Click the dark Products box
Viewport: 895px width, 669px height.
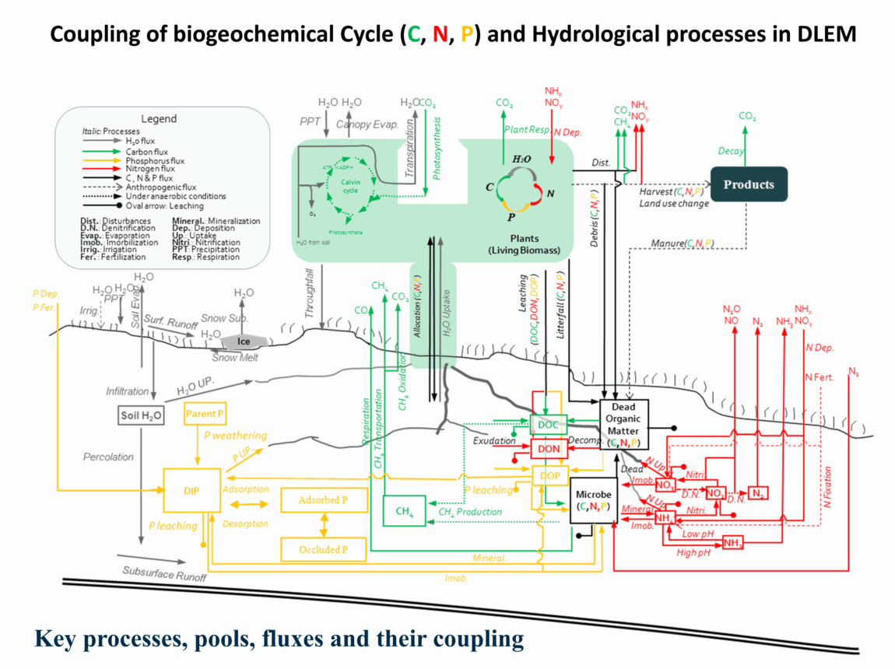[x=749, y=184]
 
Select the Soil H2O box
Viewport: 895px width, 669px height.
[x=141, y=415]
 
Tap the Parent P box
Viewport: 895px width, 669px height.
[x=205, y=413]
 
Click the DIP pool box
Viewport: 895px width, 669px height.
[x=191, y=491]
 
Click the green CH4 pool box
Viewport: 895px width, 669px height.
[x=403, y=510]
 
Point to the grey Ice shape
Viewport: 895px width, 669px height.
[x=243, y=341]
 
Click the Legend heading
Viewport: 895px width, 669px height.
[x=160, y=119]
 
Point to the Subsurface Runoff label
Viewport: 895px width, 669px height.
[x=164, y=574]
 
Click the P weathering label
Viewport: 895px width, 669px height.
[x=235, y=436]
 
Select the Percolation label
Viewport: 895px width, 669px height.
[x=109, y=457]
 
